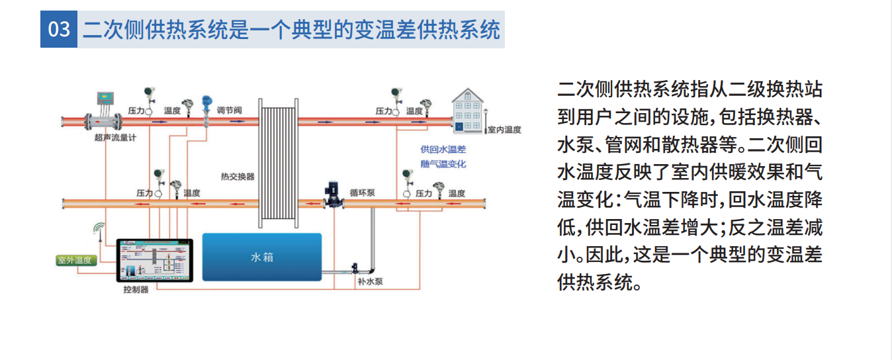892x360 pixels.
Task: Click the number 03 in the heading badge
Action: pyautogui.click(x=59, y=30)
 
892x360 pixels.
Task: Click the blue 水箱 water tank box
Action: pyautogui.click(x=262, y=257)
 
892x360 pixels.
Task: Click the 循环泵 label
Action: pyautogui.click(x=363, y=193)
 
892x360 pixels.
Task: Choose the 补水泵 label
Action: pyautogui.click(x=371, y=282)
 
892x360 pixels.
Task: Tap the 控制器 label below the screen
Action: pyautogui.click(x=136, y=290)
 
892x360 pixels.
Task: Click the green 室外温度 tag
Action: pyautogui.click(x=75, y=260)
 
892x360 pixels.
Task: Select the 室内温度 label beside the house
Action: pyautogui.click(x=504, y=130)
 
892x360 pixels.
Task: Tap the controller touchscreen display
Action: pyautogui.click(x=155, y=261)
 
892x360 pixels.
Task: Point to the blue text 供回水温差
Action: pyautogui.click(x=443, y=150)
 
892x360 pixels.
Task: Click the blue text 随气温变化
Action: pyautogui.click(x=443, y=163)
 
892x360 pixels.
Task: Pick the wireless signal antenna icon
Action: pyautogui.click(x=99, y=229)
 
